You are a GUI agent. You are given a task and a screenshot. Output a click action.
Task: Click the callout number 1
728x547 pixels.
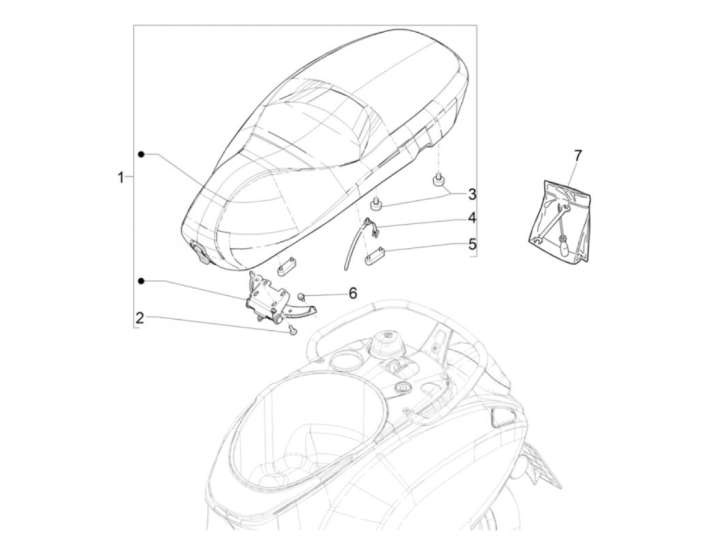click(x=120, y=178)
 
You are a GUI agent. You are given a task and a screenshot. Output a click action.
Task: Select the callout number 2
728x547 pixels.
click(x=139, y=318)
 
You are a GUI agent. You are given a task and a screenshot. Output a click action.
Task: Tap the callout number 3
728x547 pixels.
click(x=472, y=194)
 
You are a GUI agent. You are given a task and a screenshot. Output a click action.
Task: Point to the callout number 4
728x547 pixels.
click(x=472, y=218)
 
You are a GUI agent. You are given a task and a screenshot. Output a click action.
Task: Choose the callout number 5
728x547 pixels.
click(x=472, y=243)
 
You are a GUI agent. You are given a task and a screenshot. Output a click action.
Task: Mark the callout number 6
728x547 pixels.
click(x=353, y=294)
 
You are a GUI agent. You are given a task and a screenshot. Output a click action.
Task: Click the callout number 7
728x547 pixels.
click(x=578, y=155)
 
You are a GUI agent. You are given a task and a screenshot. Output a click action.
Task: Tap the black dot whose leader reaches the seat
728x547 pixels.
click(x=141, y=154)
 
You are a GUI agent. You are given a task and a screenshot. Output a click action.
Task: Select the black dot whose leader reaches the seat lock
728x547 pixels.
click(x=141, y=281)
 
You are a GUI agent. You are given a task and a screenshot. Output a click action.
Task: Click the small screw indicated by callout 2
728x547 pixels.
click(x=292, y=330)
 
